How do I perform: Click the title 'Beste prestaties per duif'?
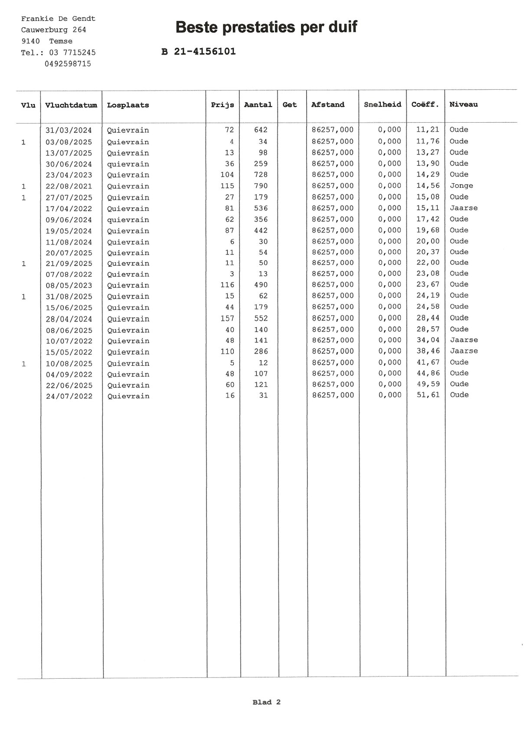tap(266, 27)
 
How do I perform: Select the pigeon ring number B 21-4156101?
tap(198, 52)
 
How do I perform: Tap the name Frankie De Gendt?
tap(58, 19)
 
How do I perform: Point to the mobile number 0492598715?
tap(68, 64)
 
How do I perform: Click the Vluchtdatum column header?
tap(71, 105)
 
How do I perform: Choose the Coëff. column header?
tap(425, 104)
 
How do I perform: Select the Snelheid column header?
tap(382, 104)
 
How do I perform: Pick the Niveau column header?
tap(463, 104)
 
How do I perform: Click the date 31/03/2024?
tap(69, 130)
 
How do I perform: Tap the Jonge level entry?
tap(461, 186)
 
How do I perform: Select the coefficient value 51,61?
tap(428, 395)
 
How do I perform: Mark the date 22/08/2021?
tap(69, 186)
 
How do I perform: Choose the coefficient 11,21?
tap(428, 130)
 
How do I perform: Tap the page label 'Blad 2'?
tap(266, 702)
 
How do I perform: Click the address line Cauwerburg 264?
tap(53, 30)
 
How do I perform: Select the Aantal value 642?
tap(261, 130)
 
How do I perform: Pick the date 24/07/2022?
tap(69, 396)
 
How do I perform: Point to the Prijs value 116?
tap(227, 285)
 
